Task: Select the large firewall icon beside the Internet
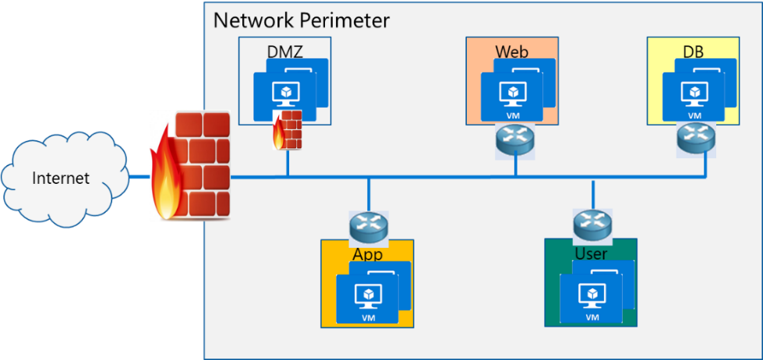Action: pyautogui.click(x=192, y=166)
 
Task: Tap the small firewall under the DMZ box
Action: pyautogui.click(x=288, y=129)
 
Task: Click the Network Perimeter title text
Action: pyautogui.click(x=302, y=19)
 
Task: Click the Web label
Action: pyautogui.click(x=512, y=51)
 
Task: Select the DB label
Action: pyautogui.click(x=694, y=51)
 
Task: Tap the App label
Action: pyautogui.click(x=367, y=254)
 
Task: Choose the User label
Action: pyautogui.click(x=591, y=254)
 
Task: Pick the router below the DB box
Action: pyautogui.click(x=694, y=139)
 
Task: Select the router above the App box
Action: pyautogui.click(x=368, y=228)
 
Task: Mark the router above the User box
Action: pyautogui.click(x=592, y=225)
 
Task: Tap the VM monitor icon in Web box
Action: pyautogui.click(x=512, y=94)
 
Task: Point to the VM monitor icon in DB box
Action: pyautogui.click(x=694, y=94)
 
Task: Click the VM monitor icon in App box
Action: pyautogui.click(x=367, y=296)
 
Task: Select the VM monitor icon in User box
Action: pyautogui.click(x=592, y=295)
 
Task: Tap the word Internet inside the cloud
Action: pyautogui.click(x=61, y=178)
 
